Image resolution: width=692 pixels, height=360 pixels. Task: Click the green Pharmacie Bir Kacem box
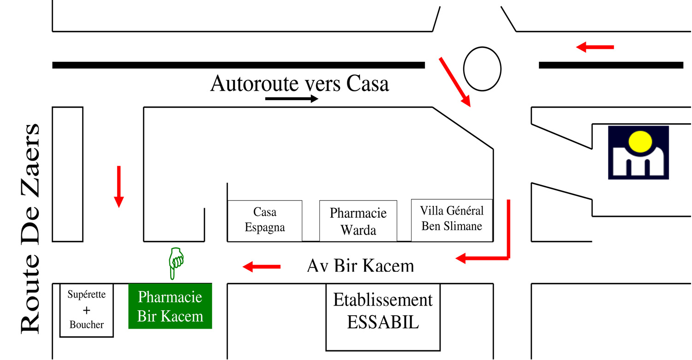coord(170,306)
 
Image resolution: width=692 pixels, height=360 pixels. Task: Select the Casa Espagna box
coord(265,220)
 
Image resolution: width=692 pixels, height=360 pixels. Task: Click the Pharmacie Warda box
coord(358,221)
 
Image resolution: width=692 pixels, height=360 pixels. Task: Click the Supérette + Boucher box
coord(86,310)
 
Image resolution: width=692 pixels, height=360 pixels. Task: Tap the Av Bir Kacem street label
coord(360,266)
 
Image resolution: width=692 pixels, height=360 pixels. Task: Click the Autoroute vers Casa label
coord(299,84)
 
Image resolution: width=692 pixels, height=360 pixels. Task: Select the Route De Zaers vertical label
coord(30,228)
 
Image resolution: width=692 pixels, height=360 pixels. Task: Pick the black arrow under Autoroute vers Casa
coord(292,99)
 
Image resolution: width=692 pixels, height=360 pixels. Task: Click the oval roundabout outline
coord(482,68)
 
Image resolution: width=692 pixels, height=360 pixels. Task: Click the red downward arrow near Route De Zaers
coord(119,186)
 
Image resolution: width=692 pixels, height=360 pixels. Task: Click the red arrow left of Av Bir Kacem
coord(262,266)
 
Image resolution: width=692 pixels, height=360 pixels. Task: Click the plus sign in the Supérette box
coord(86,310)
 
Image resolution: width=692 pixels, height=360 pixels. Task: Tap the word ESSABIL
coord(383,322)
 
